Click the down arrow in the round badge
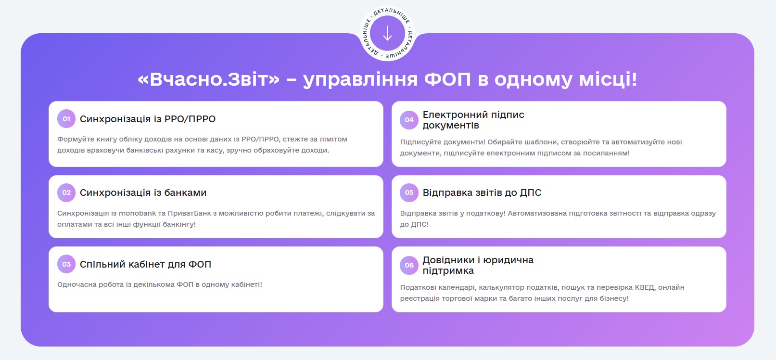(x=387, y=33)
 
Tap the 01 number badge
(x=66, y=119)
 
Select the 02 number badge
(x=66, y=193)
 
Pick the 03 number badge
(x=66, y=264)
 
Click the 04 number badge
(x=409, y=120)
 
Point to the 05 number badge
(x=409, y=193)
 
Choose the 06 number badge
(x=409, y=265)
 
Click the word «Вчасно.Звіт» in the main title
(x=208, y=79)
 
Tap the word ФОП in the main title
(x=447, y=79)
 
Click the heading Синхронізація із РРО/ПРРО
(x=148, y=119)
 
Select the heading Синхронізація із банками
(x=143, y=193)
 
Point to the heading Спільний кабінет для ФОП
(x=145, y=264)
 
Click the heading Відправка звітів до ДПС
(x=482, y=193)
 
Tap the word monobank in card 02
(x=137, y=213)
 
